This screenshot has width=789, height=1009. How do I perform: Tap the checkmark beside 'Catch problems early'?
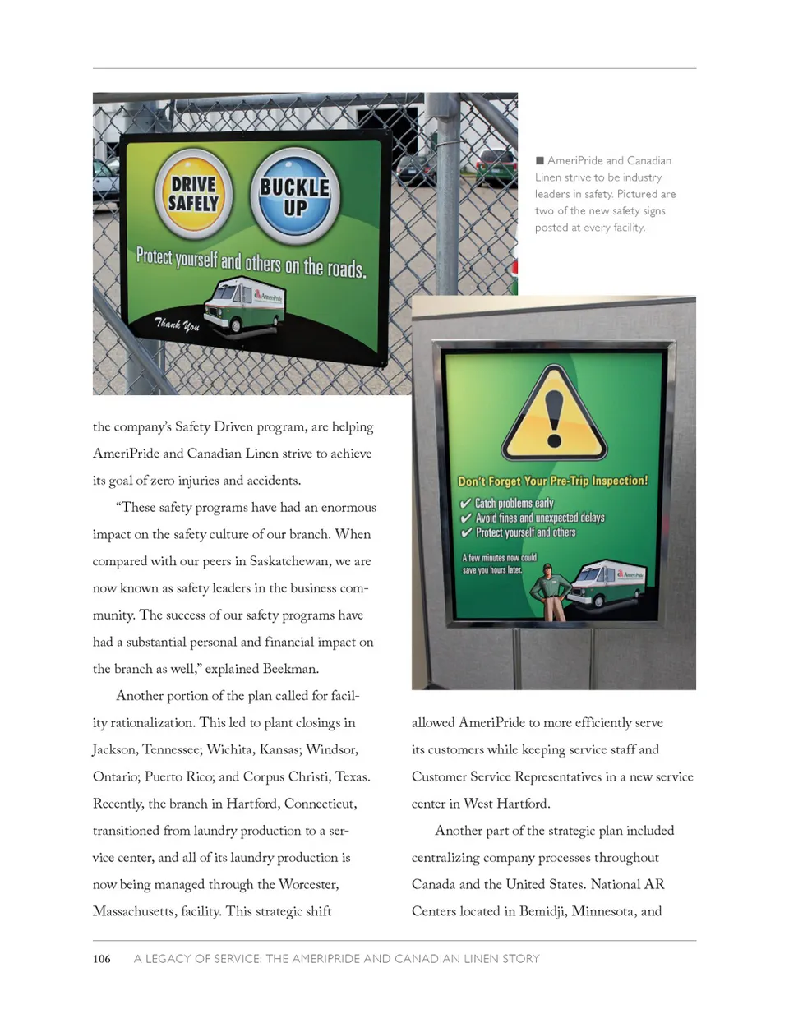[x=466, y=503]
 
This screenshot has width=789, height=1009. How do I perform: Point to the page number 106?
[x=101, y=959]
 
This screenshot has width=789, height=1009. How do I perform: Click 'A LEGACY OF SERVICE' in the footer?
[x=195, y=959]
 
